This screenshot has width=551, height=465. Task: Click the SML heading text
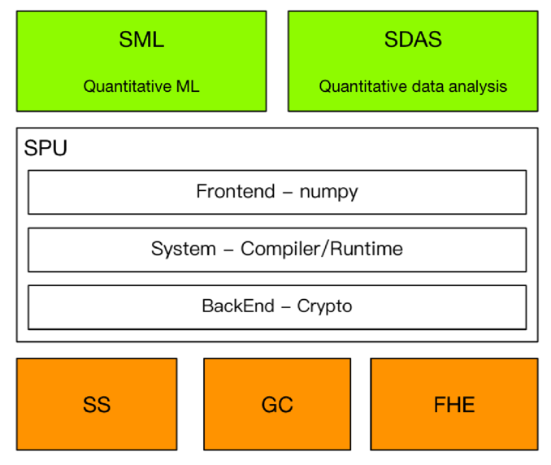[141, 40]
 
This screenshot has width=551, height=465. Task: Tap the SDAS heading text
[412, 40]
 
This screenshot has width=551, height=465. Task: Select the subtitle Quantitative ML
[141, 86]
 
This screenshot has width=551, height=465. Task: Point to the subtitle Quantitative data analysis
[413, 86]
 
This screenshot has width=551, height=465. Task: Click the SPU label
[46, 149]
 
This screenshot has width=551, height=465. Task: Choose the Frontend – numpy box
[277, 192]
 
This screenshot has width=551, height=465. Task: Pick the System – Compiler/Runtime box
[277, 250]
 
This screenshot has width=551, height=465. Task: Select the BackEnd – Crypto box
[277, 306]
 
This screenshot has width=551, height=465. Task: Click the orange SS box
[97, 404]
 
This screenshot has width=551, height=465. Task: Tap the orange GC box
[277, 404]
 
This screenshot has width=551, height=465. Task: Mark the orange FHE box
[454, 404]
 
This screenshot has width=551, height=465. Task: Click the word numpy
[329, 193]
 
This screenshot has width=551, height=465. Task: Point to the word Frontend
[236, 192]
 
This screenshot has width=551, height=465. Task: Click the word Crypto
[325, 307]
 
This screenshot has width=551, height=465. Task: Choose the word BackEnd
[236, 306]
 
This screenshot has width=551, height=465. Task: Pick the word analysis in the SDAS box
[479, 86]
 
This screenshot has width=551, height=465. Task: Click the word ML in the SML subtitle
[189, 86]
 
